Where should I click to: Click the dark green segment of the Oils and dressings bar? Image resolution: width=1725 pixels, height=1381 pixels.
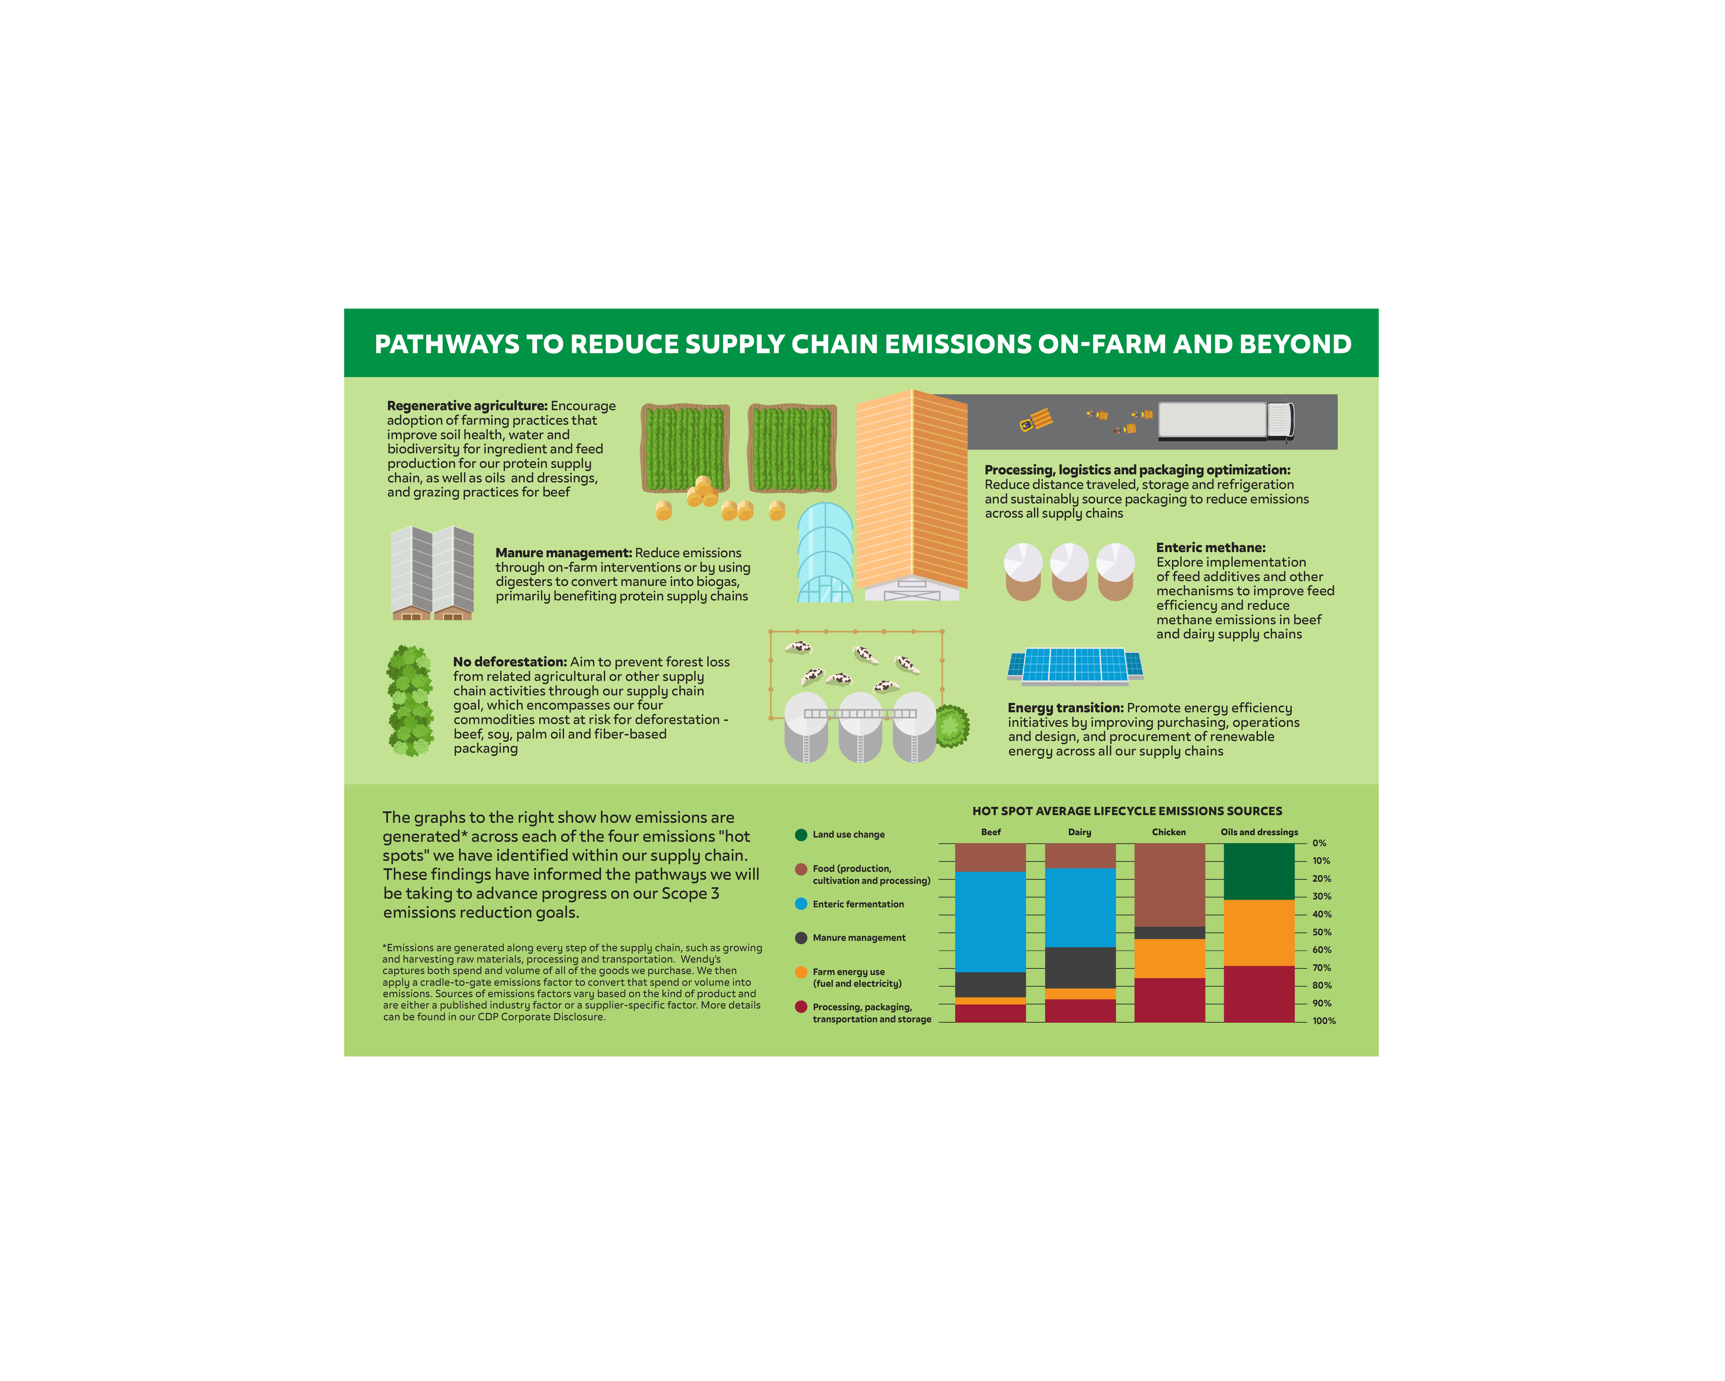click(x=1259, y=871)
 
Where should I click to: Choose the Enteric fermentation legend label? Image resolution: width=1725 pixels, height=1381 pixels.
click(x=858, y=904)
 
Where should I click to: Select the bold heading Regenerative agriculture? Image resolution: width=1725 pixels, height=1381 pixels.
click(x=466, y=406)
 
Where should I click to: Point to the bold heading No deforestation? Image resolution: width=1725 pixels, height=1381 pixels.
click(x=510, y=662)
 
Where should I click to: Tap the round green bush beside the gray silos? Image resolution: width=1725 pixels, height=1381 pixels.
click(x=951, y=726)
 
